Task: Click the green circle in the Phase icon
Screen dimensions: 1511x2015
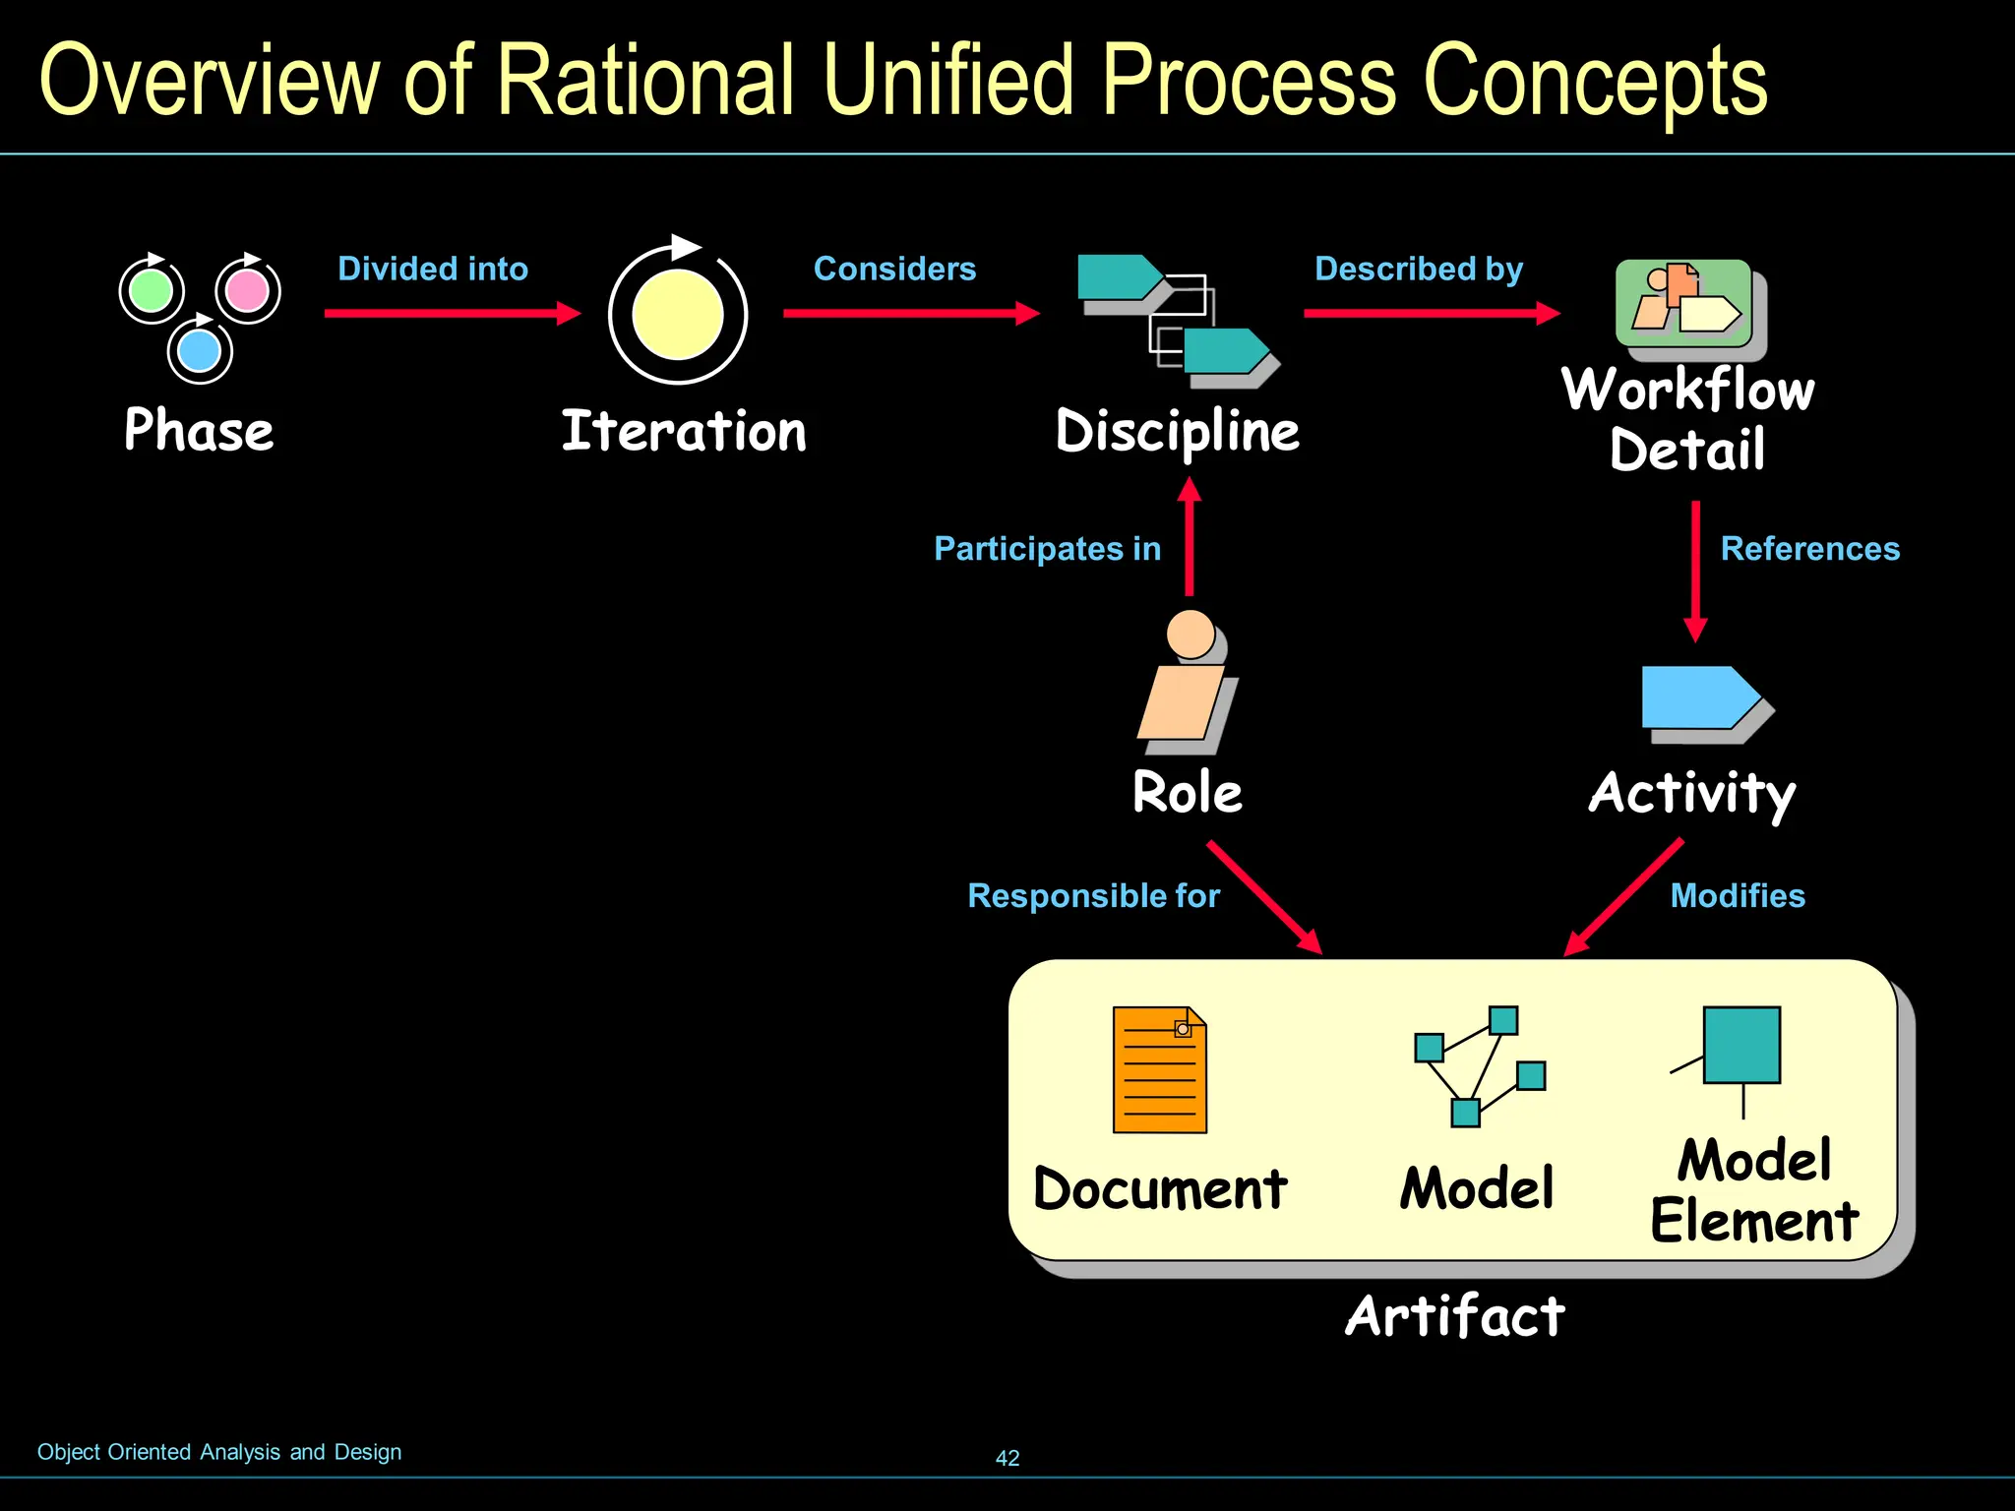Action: point(152,291)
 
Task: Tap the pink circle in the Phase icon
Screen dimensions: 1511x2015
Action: point(247,290)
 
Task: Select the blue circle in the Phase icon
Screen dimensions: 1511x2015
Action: point(200,351)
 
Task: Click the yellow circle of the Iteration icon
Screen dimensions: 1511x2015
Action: point(677,315)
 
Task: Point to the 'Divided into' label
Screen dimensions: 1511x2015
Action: point(433,269)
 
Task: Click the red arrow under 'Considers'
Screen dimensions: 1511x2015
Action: point(910,314)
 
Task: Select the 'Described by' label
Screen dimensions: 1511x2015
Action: point(1419,269)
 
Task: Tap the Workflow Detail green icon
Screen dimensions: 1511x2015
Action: point(1683,303)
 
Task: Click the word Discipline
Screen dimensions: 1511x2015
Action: point(1177,432)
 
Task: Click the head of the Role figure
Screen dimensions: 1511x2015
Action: point(1191,635)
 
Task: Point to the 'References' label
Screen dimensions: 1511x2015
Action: point(1809,549)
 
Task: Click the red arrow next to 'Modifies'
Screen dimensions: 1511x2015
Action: point(1623,896)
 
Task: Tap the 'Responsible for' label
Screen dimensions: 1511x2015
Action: point(1093,896)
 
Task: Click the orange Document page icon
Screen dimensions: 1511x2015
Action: point(1159,1070)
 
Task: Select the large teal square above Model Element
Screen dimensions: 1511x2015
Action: point(1740,1045)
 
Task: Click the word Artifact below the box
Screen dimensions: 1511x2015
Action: point(1454,1316)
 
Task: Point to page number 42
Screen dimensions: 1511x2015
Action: point(1007,1458)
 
